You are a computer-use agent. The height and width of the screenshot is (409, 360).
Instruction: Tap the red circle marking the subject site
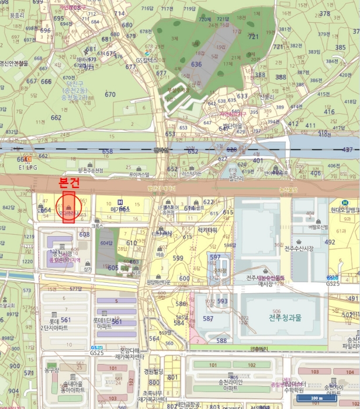tap(69, 207)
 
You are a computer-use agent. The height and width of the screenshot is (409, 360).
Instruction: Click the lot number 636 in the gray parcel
tap(196, 64)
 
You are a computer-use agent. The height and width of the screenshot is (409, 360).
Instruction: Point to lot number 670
tap(110, 94)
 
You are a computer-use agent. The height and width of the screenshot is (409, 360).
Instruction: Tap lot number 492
tap(330, 241)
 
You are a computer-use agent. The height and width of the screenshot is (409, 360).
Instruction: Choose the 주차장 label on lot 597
tap(220, 271)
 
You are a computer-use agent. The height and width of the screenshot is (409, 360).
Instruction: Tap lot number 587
tap(208, 318)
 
